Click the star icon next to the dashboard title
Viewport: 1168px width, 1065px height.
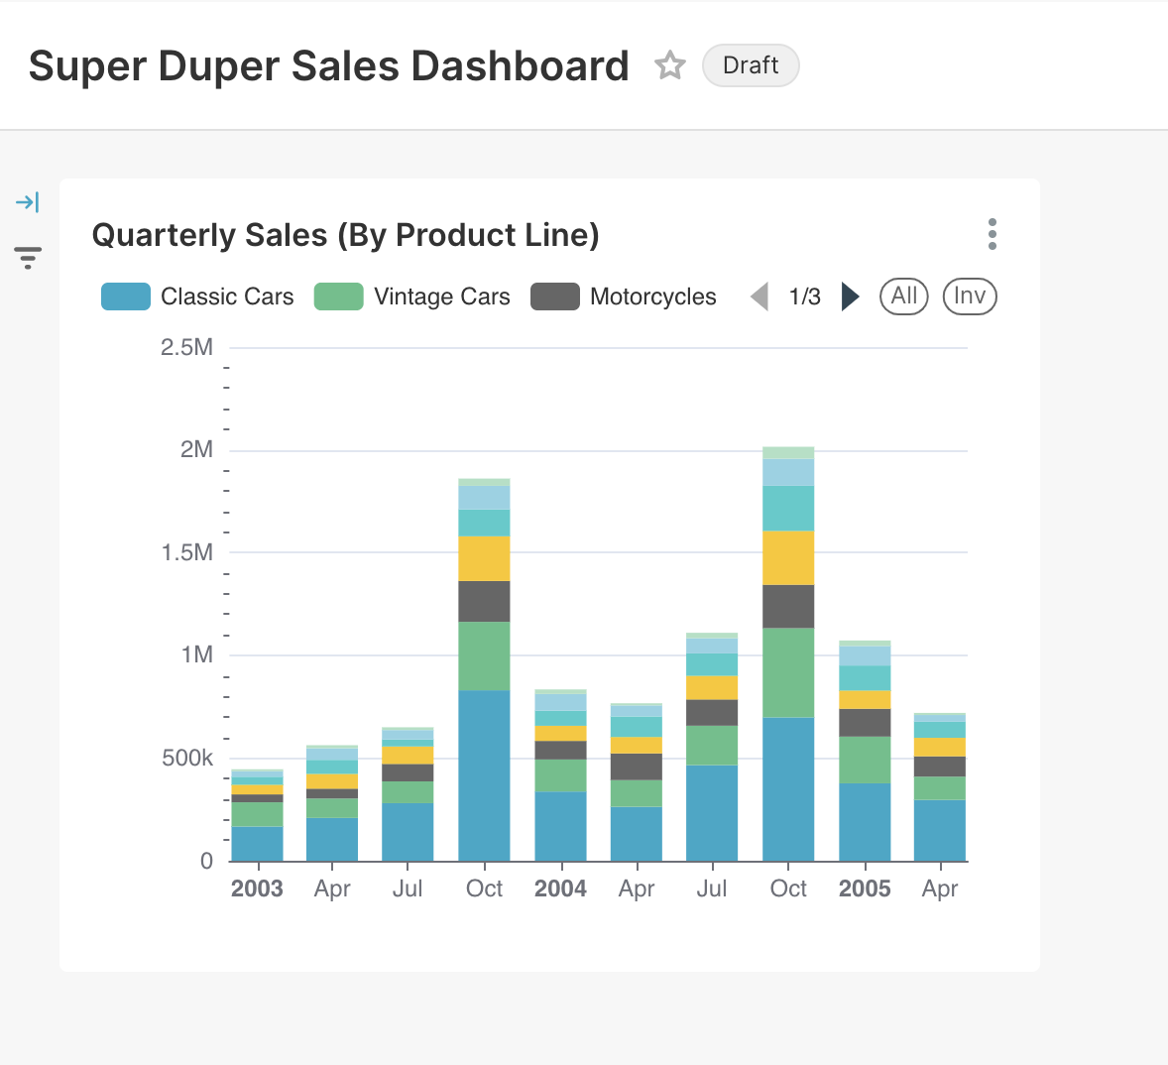670,65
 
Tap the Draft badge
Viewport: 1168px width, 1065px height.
751,65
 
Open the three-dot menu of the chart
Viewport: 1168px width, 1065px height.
992,234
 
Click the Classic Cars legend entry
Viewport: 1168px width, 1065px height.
198,296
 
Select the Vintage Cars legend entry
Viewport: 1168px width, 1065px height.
412,296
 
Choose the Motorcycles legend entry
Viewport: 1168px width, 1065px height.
624,296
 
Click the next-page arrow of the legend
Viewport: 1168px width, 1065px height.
850,296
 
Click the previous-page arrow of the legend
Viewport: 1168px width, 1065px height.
759,296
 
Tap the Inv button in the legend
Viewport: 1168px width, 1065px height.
969,296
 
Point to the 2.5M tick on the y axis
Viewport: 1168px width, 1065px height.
186,347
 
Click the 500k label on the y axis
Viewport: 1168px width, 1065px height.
187,759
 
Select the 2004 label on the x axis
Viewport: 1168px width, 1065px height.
560,888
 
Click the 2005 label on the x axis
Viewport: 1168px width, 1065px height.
865,888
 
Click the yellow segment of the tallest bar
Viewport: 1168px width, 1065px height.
788,557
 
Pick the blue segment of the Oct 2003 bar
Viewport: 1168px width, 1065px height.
484,774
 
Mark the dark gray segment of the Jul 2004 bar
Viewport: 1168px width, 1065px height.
712,712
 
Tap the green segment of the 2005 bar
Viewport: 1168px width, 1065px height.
865,760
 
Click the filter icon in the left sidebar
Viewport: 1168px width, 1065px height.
28,258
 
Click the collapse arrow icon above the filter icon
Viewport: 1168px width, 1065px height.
28,202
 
